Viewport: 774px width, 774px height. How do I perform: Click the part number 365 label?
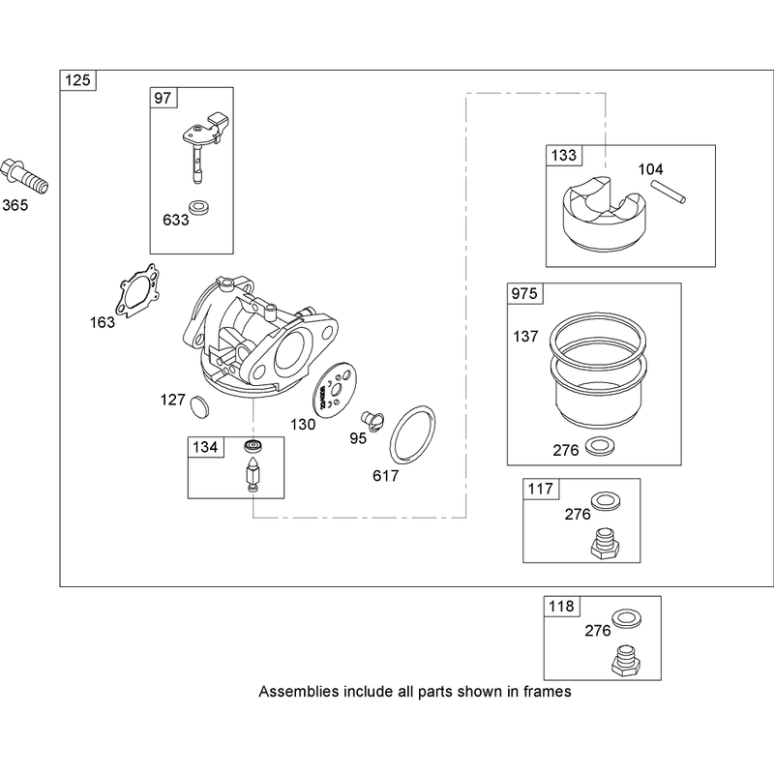[x=15, y=205]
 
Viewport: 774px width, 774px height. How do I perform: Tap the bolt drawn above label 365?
[x=25, y=177]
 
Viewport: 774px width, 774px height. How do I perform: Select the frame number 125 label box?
[x=78, y=80]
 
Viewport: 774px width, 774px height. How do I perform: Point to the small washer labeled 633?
[x=199, y=207]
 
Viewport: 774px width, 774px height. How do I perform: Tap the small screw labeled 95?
[x=372, y=420]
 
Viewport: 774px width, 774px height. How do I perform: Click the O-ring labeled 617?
[x=413, y=434]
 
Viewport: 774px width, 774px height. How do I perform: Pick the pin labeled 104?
[x=668, y=192]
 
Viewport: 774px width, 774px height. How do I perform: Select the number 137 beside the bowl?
[x=525, y=337]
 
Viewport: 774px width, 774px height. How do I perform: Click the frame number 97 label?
[x=163, y=98]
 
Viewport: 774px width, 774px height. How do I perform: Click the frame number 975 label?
[x=524, y=294]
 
